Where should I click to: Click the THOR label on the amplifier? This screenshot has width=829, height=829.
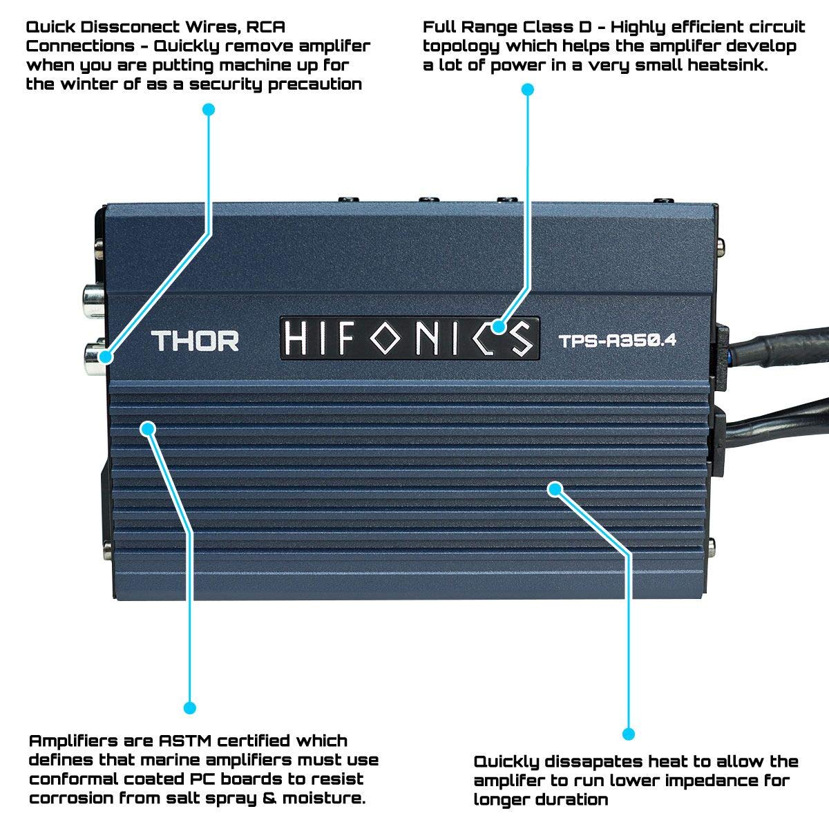pos(195,341)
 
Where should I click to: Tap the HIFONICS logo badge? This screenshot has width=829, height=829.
pos(410,339)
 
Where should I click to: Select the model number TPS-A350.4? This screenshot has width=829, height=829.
pos(618,341)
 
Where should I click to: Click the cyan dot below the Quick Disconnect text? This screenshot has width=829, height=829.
pos(209,109)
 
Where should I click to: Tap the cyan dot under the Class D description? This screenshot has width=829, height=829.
pos(527,90)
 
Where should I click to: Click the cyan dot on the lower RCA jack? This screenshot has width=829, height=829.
pos(106,357)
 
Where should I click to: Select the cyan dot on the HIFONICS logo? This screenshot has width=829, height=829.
pos(498,327)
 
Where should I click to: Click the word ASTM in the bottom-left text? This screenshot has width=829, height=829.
pos(185,741)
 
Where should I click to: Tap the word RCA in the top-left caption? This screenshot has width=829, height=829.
pos(265,27)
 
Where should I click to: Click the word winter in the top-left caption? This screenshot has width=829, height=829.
pos(90,84)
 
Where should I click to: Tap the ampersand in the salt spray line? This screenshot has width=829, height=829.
pos(269,798)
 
